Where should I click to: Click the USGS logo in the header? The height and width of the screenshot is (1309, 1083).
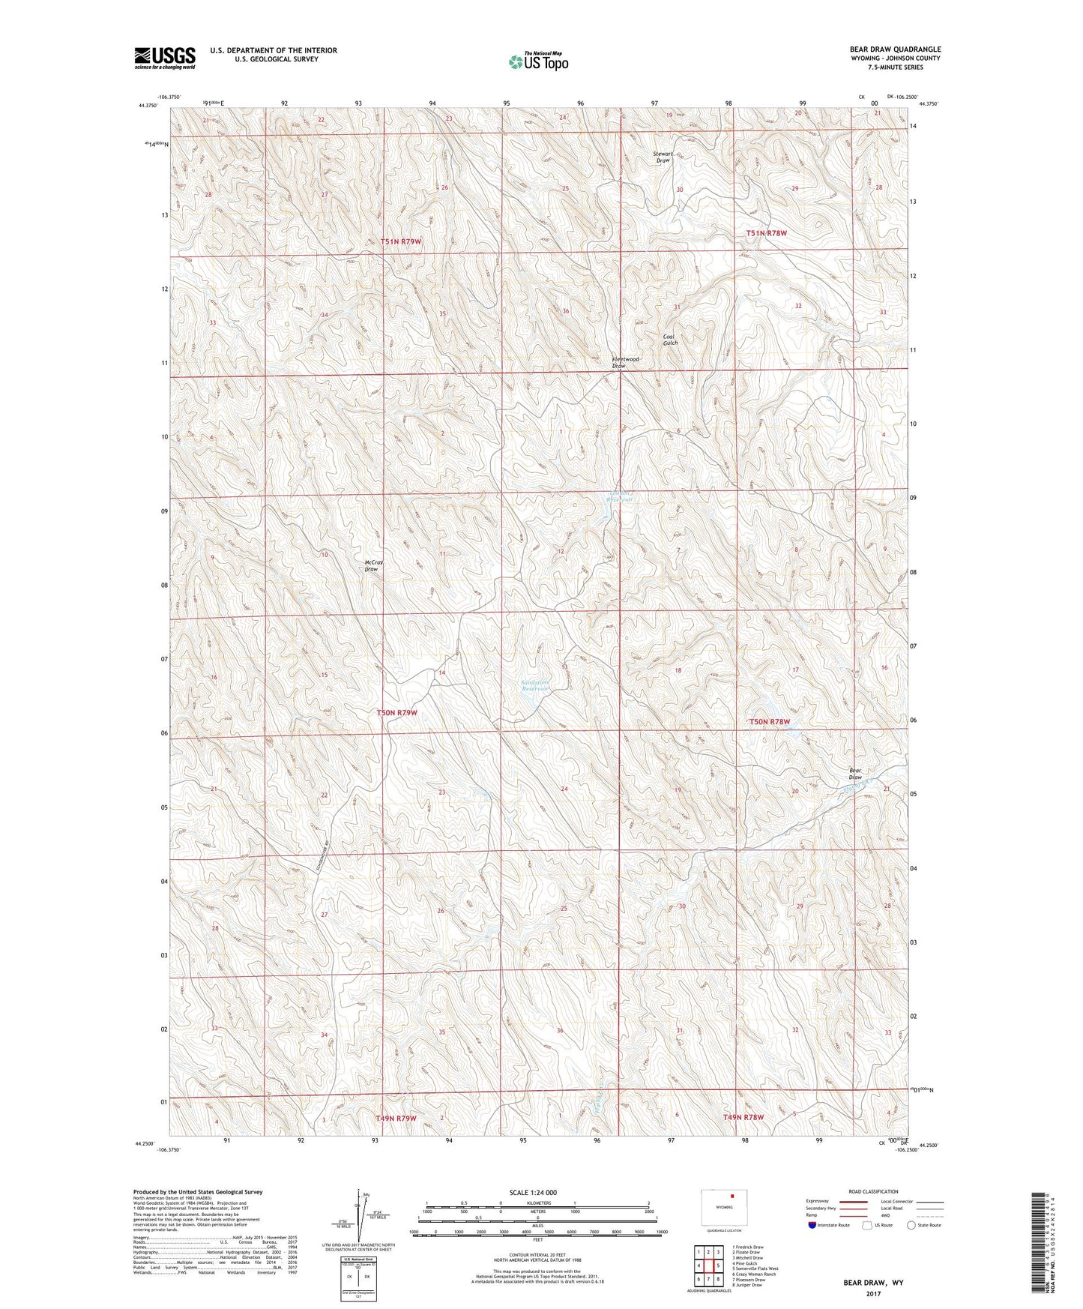(164, 57)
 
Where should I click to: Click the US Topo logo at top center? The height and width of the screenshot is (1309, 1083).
(537, 61)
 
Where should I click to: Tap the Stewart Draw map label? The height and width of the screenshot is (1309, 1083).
(663, 157)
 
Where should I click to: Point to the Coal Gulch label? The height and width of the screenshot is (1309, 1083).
(670, 339)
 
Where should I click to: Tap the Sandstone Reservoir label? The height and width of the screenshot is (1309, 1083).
(535, 685)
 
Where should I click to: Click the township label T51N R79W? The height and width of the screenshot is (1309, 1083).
(401, 241)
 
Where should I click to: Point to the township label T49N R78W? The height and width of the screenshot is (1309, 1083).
(743, 1117)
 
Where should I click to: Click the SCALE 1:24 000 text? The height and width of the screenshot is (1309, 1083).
(533, 1192)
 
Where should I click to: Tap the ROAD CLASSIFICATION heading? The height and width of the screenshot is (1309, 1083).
(873, 1191)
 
